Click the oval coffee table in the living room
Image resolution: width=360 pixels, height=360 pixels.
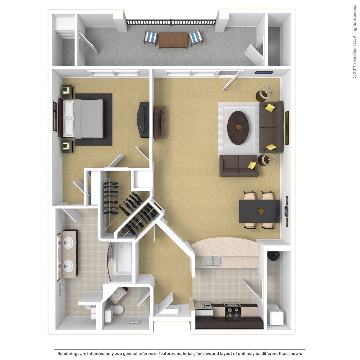238,127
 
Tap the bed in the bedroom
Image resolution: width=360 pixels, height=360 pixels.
83,119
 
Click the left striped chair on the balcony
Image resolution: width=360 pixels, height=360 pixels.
151,38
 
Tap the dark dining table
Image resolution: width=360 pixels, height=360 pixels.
259,211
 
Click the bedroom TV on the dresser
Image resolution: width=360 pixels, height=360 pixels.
144,120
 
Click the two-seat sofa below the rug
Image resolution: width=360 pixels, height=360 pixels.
239,166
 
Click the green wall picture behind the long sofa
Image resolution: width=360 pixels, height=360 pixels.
287,127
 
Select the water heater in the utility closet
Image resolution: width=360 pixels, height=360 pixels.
274,256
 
